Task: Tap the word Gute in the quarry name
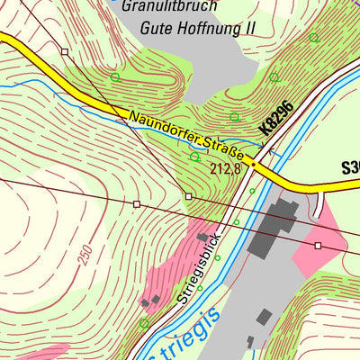[x=157, y=28]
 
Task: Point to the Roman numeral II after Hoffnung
[x=249, y=28]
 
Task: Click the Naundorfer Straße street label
[x=186, y=137]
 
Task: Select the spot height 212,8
[x=227, y=168]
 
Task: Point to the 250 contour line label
[x=85, y=255]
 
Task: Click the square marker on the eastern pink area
[x=318, y=245]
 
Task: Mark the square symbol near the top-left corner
[x=65, y=52]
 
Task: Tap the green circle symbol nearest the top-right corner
[x=313, y=38]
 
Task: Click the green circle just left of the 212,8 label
[x=194, y=157]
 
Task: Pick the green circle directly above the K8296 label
[x=274, y=77]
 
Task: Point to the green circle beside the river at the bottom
[x=145, y=322]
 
